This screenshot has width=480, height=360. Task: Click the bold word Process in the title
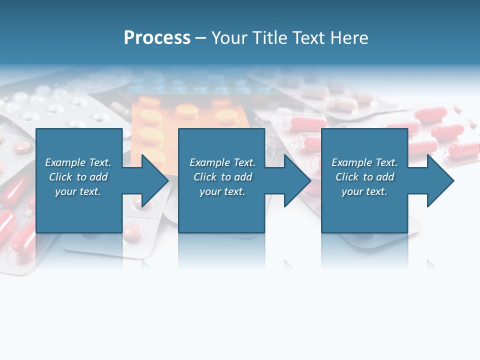pyautogui.click(x=157, y=38)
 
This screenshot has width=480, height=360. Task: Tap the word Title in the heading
pyautogui.click(x=270, y=38)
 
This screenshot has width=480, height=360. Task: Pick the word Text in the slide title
pyautogui.click(x=307, y=38)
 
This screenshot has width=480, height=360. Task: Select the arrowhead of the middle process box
pyautogui.click(x=296, y=180)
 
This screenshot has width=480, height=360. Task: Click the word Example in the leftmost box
pyautogui.click(x=65, y=162)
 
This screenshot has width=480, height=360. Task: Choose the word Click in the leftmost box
pyautogui.click(x=60, y=177)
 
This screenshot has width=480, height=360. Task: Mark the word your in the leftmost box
pyautogui.click(x=65, y=192)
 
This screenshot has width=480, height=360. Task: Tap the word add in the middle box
pyautogui.click(x=243, y=177)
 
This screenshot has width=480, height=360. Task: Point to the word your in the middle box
pyautogui.click(x=209, y=192)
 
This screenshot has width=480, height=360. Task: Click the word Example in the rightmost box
pyautogui.click(x=352, y=162)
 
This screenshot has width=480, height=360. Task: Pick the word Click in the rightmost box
pyautogui.click(x=347, y=177)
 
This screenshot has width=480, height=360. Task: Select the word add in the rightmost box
pyautogui.click(x=385, y=177)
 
